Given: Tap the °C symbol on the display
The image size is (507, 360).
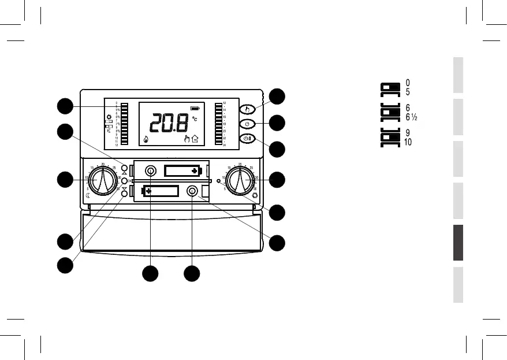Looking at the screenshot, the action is (195, 118).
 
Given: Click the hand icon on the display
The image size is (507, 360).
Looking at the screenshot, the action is (186, 139).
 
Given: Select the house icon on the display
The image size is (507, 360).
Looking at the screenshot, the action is (195, 139).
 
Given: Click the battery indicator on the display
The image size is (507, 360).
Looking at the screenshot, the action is (196, 107).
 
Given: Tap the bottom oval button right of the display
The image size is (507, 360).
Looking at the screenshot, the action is (247, 139).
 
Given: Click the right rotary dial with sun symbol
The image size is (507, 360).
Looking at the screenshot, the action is (239, 180).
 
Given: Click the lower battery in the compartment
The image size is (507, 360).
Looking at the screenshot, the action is (161, 191).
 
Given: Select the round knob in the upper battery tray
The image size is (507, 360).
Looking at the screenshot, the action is (151, 170).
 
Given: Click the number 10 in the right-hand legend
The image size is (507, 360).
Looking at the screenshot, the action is (408, 143).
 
